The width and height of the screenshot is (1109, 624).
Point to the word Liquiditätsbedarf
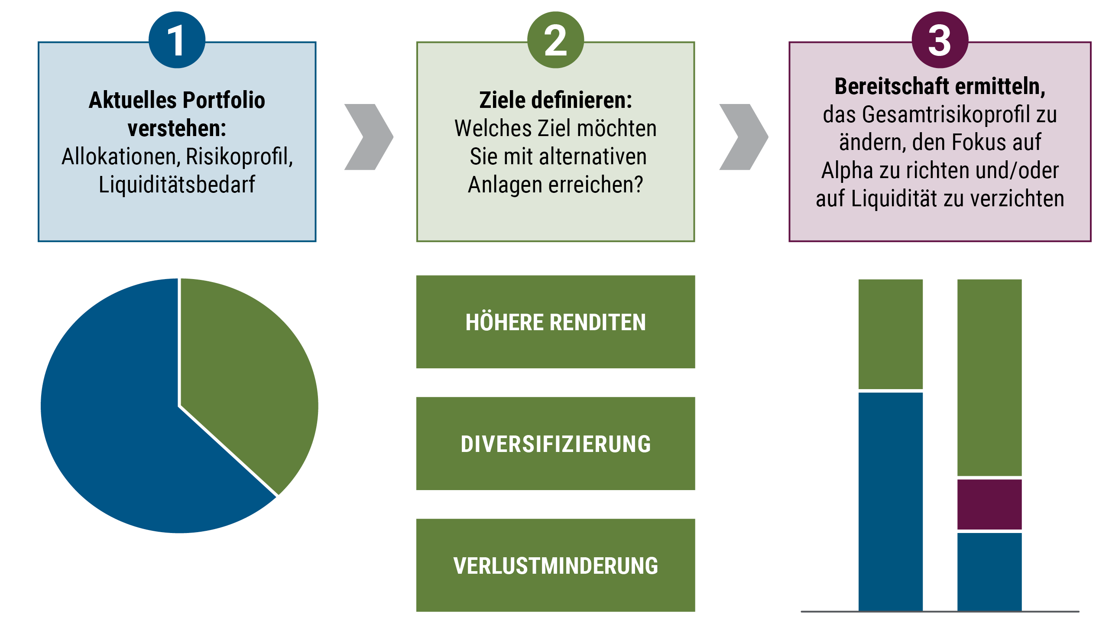(x=177, y=185)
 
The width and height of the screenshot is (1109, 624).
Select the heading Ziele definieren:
(x=555, y=101)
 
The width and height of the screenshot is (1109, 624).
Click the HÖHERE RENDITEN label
(x=555, y=322)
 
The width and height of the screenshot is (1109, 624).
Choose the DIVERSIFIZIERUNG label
(x=555, y=444)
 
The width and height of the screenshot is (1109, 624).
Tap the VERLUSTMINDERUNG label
(x=555, y=566)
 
